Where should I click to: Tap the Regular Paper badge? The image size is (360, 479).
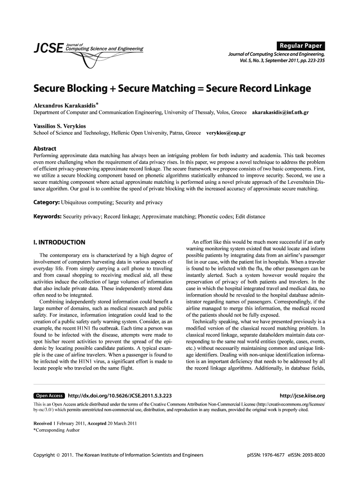point(301,46)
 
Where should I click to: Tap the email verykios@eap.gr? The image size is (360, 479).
point(226,133)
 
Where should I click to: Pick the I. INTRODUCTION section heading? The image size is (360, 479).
point(59,242)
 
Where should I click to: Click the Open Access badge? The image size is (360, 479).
point(49,396)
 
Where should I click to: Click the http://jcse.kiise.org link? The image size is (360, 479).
point(302,396)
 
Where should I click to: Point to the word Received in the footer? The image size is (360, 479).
point(43,423)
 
